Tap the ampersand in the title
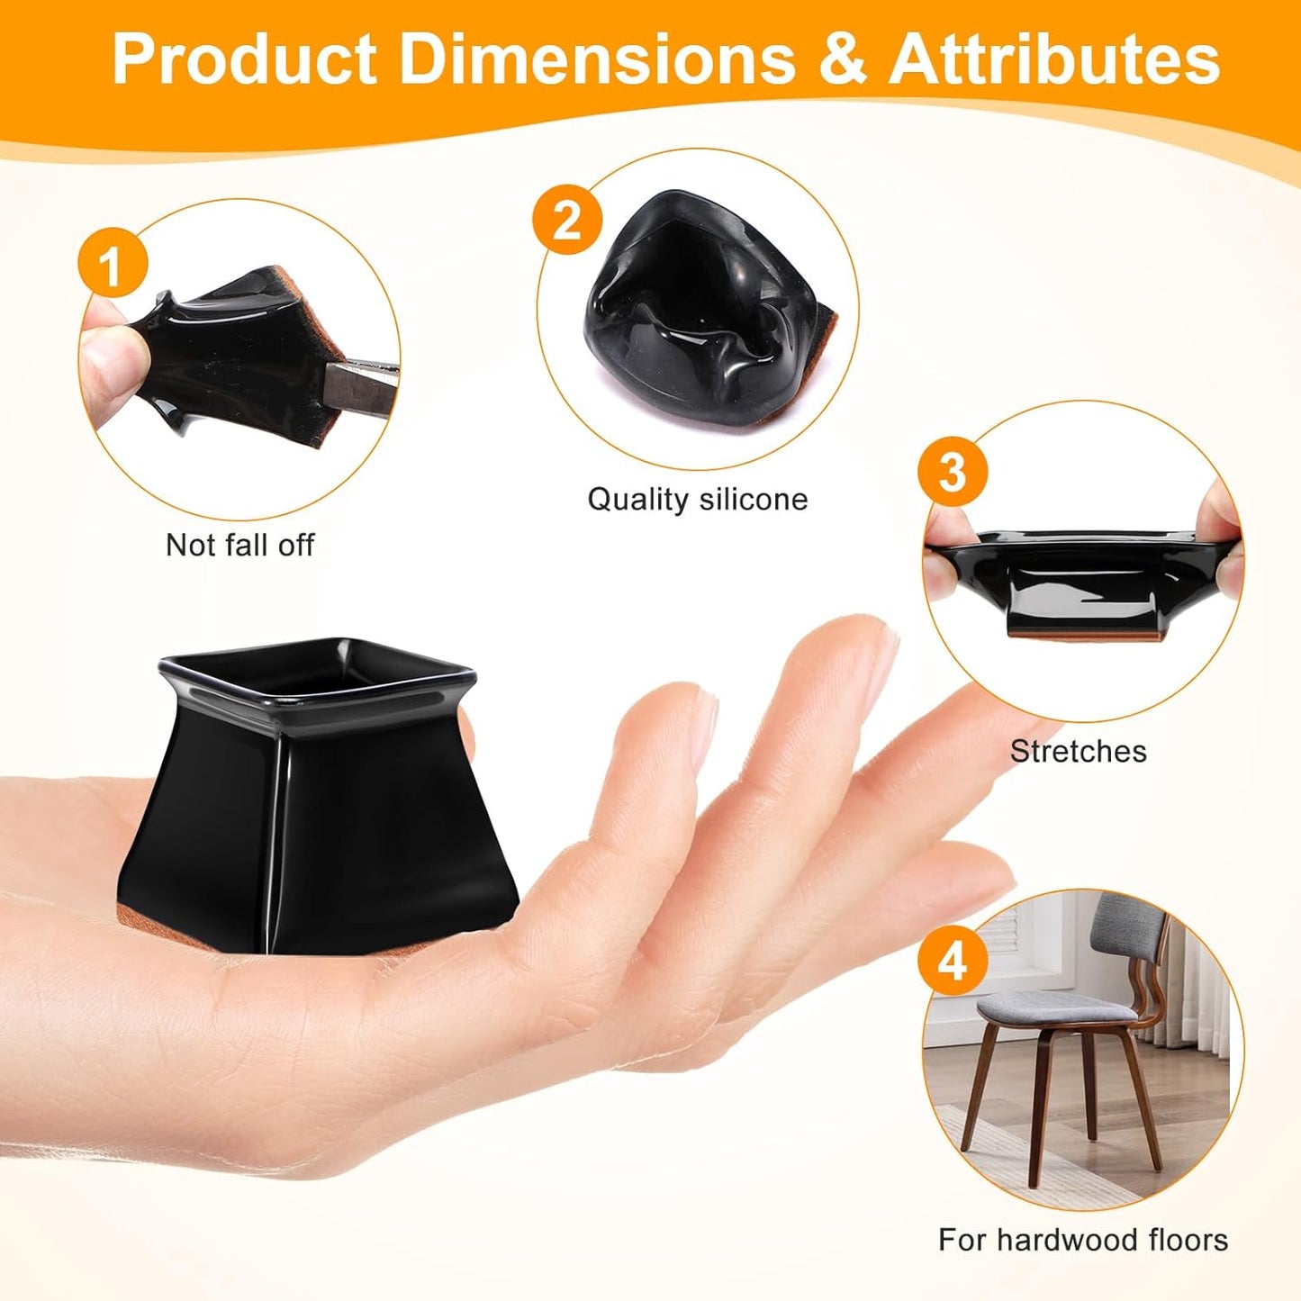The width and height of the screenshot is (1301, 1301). point(842,59)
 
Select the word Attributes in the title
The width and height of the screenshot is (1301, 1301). point(1054,59)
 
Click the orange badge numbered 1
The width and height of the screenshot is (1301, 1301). point(112,264)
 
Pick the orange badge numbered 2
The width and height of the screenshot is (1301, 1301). point(566,219)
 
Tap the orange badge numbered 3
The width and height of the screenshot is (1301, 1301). point(952,471)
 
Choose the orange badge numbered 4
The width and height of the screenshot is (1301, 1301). point(952,961)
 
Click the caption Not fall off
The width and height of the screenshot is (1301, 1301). point(239,545)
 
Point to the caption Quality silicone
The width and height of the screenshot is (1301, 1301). point(697,499)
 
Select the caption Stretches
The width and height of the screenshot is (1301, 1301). point(1078,751)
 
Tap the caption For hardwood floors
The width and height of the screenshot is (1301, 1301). point(1082,1240)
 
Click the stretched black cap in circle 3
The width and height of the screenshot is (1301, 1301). point(1080,576)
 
